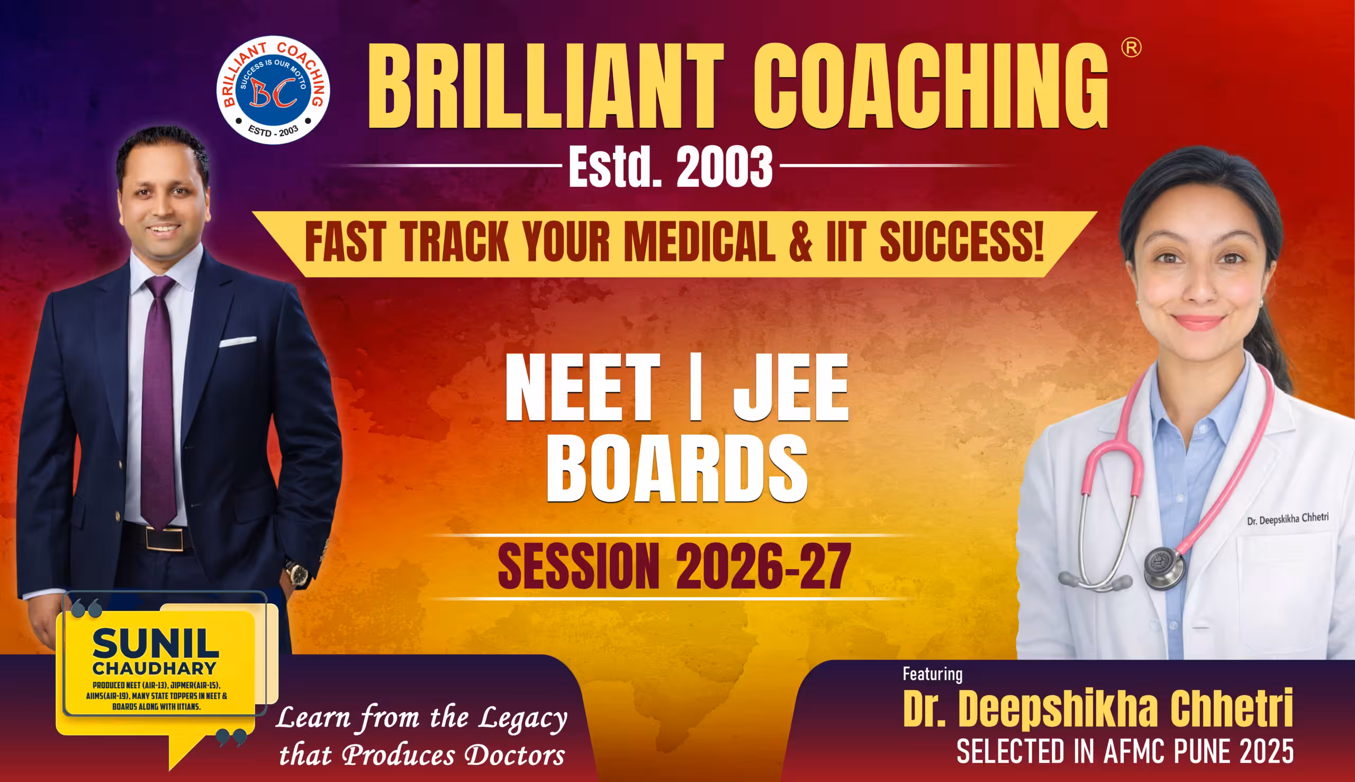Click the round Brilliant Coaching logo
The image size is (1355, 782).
pos(273,89)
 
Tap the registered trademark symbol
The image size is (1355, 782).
pos(1131,48)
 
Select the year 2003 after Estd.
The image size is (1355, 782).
pos(724,167)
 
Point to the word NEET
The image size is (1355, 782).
pos(582,387)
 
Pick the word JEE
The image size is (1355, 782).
pos(790,387)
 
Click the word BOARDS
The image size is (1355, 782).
pos(676,469)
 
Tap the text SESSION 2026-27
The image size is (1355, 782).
pos(674,567)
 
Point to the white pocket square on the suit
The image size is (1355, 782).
pos(237,341)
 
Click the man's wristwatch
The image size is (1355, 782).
pos(297,572)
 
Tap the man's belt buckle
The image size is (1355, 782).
pos(164,538)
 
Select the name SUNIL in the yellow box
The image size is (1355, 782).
pos(156,643)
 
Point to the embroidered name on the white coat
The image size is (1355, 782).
pos(1287,519)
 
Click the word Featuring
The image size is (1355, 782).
pos(933,674)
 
